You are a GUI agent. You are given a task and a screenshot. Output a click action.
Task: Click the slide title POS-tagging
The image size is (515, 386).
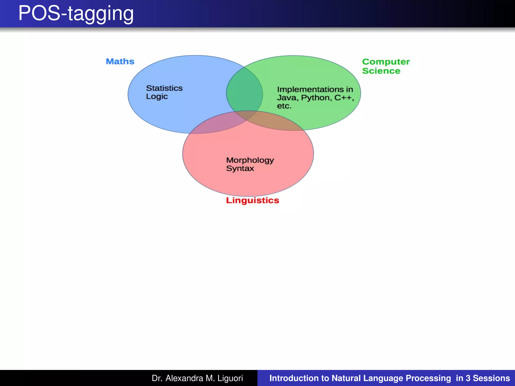[76, 14]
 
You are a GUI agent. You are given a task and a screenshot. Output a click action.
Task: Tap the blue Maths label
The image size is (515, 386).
[120, 62]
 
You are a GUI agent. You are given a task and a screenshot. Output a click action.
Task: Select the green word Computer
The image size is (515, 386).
[386, 62]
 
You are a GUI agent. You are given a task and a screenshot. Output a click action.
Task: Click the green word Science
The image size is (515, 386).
[381, 71]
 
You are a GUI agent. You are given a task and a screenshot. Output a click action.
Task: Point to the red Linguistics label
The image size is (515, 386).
[252, 201]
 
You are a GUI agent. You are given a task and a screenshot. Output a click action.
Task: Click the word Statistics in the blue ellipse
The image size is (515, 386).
[164, 88]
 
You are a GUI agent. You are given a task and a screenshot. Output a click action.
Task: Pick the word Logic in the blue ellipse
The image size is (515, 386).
[157, 96]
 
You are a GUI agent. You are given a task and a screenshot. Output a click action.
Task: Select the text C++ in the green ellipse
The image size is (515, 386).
[343, 98]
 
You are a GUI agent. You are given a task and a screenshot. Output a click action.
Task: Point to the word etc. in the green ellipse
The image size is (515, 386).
[284, 106]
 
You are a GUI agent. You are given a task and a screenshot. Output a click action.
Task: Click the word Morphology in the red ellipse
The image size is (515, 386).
[250, 160]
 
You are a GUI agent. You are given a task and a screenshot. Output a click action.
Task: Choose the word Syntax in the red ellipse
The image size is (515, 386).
[240, 168]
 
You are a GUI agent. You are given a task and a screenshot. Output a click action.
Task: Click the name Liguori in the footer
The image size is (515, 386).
[230, 378]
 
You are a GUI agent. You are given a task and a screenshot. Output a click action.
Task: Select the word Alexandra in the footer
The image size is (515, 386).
[184, 378]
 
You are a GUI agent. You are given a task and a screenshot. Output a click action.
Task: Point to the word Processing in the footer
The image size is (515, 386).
[428, 378]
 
